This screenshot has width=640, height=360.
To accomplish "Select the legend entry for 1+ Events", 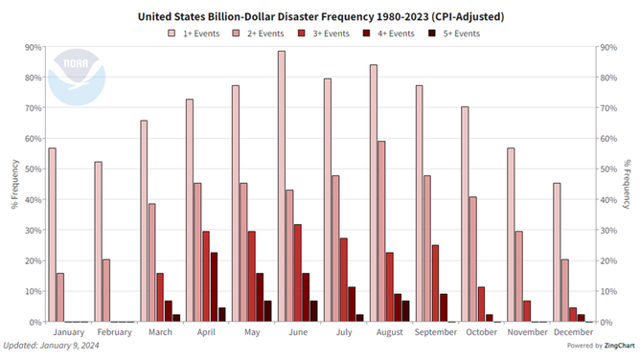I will (x=198, y=33).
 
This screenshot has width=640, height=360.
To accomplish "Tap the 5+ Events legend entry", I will (x=453, y=33).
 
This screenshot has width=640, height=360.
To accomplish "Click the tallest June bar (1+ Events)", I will (x=282, y=187).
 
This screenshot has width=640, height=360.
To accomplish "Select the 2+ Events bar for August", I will (x=380, y=232).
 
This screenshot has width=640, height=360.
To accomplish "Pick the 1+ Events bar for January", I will (x=52, y=236).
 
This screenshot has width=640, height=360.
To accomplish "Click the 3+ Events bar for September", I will (x=435, y=283).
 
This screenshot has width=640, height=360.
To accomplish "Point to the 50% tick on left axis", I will (x=32, y=169).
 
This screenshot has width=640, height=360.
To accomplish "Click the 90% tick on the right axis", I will (x=607, y=47).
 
